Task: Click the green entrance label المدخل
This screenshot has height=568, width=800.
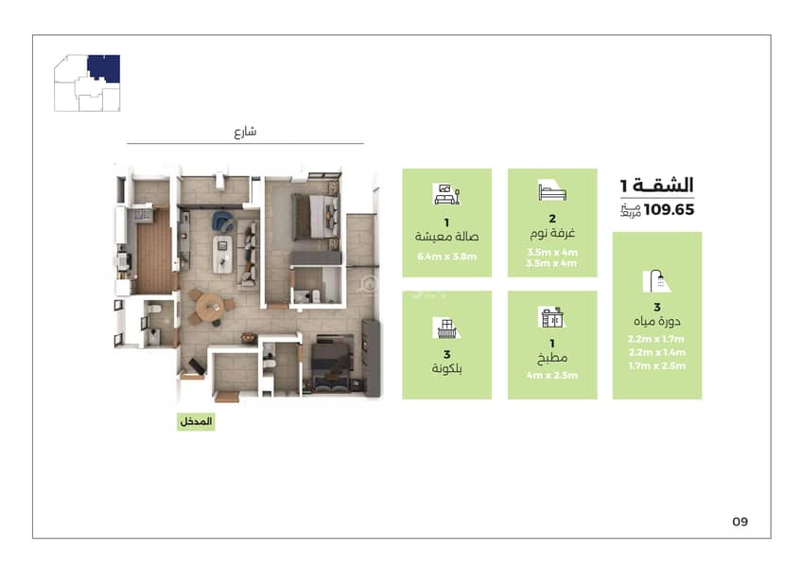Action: (x=196, y=421)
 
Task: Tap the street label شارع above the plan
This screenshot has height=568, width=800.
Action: (x=246, y=132)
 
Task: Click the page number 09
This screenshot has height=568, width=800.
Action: (x=739, y=522)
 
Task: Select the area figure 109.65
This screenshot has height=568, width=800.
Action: (x=669, y=209)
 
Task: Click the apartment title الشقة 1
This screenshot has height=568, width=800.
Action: (x=657, y=185)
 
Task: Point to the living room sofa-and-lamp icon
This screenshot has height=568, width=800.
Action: (x=446, y=193)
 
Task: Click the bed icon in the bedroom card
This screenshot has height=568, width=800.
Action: (x=552, y=190)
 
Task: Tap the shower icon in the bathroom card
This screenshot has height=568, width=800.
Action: (x=657, y=281)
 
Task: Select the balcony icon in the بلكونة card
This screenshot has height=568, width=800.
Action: (x=446, y=328)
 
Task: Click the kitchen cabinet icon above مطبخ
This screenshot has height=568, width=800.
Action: (x=552, y=317)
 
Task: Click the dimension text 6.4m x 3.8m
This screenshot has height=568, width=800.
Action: (x=446, y=257)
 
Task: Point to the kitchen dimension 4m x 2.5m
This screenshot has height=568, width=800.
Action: (x=552, y=375)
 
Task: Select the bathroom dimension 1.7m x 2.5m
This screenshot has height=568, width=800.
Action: (x=657, y=365)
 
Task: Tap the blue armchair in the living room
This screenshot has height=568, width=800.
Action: (x=222, y=221)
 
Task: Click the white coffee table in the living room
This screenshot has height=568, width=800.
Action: (x=222, y=254)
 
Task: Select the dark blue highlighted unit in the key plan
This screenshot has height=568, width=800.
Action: (x=105, y=67)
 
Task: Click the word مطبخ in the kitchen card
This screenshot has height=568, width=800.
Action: (x=552, y=358)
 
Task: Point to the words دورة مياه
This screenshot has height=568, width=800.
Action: (x=657, y=321)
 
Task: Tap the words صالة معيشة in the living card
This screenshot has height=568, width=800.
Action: (x=446, y=236)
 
